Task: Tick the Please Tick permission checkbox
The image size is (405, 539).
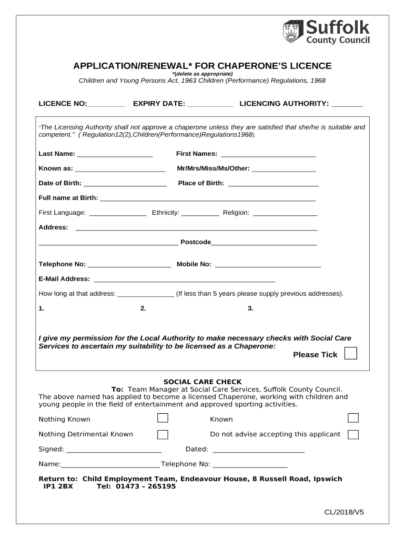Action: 350,353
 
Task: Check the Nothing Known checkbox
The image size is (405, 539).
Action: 163,418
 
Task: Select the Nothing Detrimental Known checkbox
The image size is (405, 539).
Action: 163,434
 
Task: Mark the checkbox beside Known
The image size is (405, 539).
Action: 353,418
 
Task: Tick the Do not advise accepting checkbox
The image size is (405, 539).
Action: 353,434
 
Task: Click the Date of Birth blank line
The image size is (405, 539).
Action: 125,185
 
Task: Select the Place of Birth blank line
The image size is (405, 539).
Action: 273,185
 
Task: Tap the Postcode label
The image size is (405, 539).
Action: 196,242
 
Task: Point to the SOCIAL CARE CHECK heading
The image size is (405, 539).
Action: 202,382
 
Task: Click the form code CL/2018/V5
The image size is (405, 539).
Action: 343,512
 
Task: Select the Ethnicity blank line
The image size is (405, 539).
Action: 200,214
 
